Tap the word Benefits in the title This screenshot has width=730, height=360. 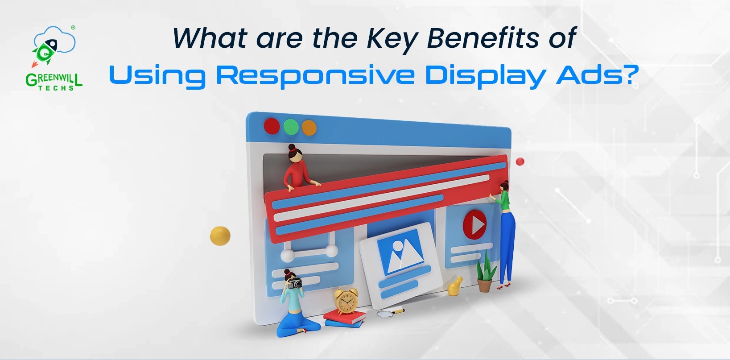(x=483, y=38)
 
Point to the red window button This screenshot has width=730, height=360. (x=272, y=126)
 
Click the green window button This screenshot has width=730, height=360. (x=291, y=127)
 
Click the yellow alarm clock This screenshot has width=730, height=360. (x=346, y=302)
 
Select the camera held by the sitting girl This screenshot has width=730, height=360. (x=295, y=283)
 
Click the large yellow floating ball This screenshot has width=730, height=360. (x=220, y=236)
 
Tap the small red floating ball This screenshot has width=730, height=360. (x=520, y=161)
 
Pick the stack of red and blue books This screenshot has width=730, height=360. (x=345, y=319)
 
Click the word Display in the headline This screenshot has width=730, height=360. (x=485, y=76)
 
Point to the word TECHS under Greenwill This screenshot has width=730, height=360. (x=56, y=88)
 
